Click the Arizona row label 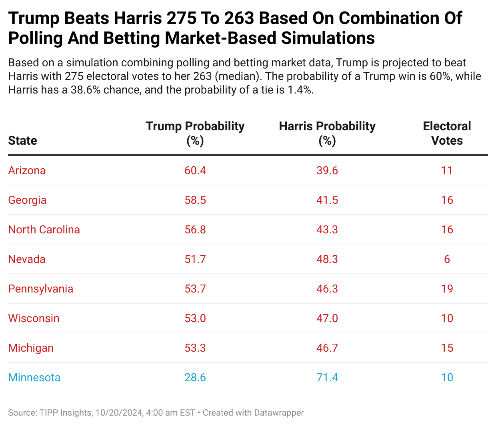click(x=27, y=171)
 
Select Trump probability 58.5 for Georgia click(x=195, y=200)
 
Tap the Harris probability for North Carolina click(x=327, y=230)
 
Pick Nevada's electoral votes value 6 click(x=447, y=259)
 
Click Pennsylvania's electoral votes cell click(x=447, y=289)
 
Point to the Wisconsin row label click(x=34, y=319)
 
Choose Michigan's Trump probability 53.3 click(x=195, y=348)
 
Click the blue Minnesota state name click(x=34, y=378)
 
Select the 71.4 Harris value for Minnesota click(x=327, y=378)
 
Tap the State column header click(x=22, y=141)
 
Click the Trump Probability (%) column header click(x=195, y=133)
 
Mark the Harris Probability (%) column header click(x=327, y=133)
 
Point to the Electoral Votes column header click(x=447, y=133)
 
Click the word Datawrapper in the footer click(x=279, y=413)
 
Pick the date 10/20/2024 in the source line click(x=119, y=413)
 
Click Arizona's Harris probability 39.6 click(x=327, y=171)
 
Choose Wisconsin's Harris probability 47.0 click(x=327, y=319)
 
